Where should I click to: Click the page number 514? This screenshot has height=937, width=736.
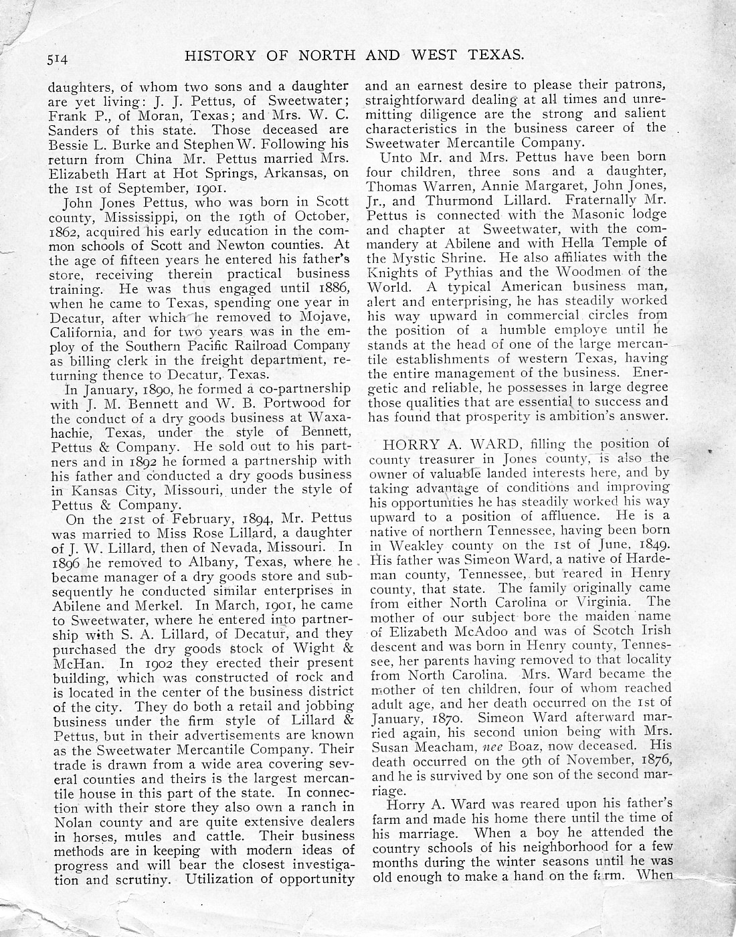pos(59,58)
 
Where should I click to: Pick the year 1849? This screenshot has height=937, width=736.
pos(652,545)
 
